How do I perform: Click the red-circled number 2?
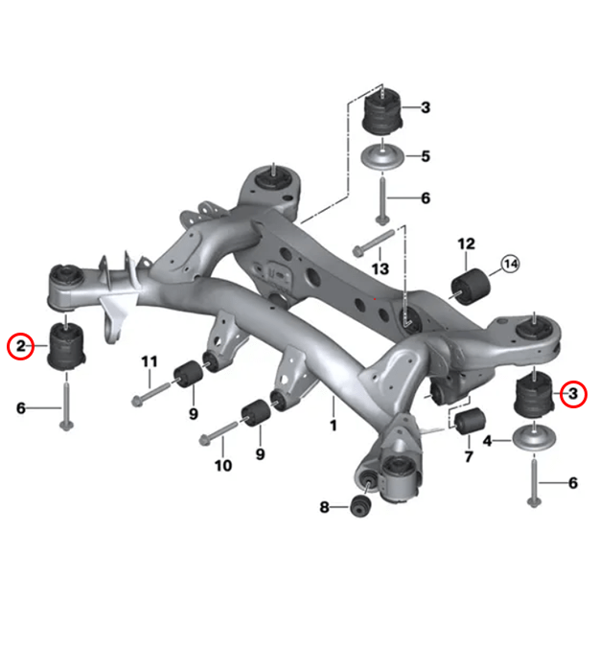coord(20,345)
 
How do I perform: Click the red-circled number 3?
coord(573,393)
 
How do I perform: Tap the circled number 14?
coord(509,263)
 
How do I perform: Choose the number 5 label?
coord(425,155)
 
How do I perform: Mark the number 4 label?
coord(486,441)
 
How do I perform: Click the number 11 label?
coord(148,361)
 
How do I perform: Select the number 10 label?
coord(222,466)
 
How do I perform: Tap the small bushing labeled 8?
coord(361,505)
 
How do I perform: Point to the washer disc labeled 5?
coord(383,157)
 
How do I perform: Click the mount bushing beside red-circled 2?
coord(67,345)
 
